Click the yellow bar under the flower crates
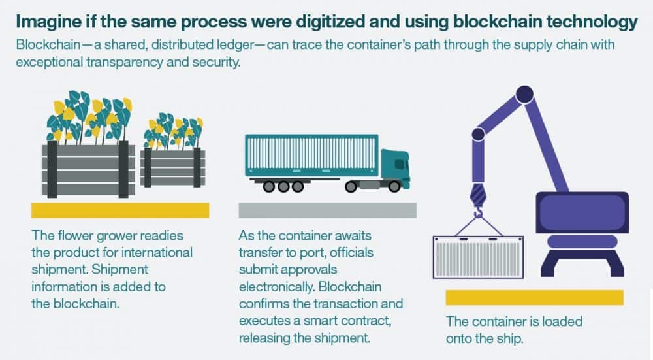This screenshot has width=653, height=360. point(120,210)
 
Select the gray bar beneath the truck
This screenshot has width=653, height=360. point(327,210)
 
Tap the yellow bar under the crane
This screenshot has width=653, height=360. point(534,298)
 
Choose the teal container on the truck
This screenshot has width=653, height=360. point(311,155)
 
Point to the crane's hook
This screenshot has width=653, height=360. point(479,211)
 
